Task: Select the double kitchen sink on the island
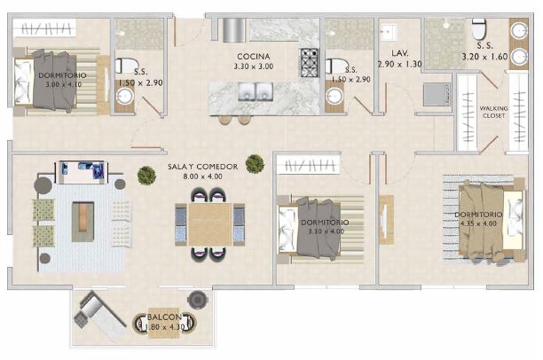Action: pyautogui.click(x=255, y=91)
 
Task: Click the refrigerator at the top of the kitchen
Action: pyautogui.click(x=232, y=29)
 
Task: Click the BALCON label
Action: pyautogui.click(x=165, y=317)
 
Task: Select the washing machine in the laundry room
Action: pyautogui.click(x=435, y=93)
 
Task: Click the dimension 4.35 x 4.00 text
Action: pyautogui.click(x=479, y=224)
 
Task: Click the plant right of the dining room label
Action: pyautogui.click(x=255, y=162)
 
